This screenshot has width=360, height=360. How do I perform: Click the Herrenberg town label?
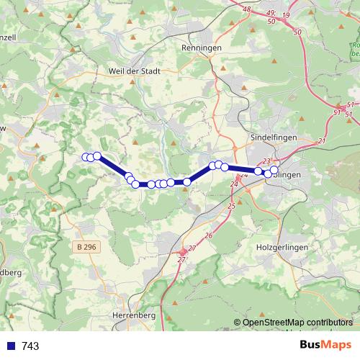click(135, 315)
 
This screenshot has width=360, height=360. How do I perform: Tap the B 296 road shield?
click(85, 247)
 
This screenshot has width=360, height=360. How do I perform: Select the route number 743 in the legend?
click(30, 346)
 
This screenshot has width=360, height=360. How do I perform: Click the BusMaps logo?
click(325, 345)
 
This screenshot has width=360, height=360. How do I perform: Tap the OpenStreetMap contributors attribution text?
click(297, 322)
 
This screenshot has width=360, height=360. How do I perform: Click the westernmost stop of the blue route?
click(86, 157)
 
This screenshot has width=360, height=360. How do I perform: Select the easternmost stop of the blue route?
click(274, 170)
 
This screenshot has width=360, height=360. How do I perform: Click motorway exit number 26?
click(209, 235)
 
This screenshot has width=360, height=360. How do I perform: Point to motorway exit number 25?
click(231, 207)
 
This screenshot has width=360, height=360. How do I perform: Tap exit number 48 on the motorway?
click(247, 9)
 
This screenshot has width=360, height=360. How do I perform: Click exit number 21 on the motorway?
click(322, 140)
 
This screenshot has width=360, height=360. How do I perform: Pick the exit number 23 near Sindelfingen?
click(266, 161)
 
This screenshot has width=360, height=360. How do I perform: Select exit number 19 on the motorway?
click(286, 14)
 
